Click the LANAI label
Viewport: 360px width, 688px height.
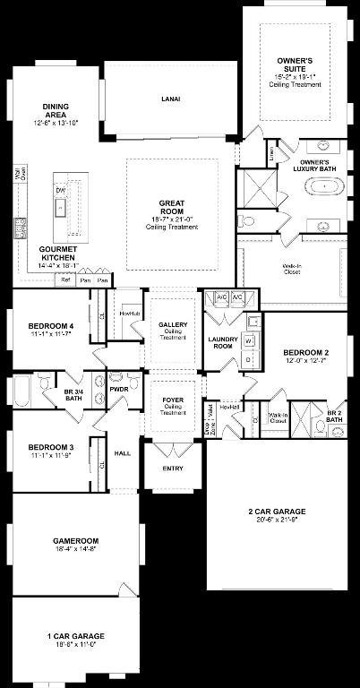[171, 99]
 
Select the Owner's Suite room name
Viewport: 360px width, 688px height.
[294, 62]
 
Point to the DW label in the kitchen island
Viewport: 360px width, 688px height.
[60, 190]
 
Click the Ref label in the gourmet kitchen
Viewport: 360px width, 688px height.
[65, 280]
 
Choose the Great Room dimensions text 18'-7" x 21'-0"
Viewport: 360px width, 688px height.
[172, 219]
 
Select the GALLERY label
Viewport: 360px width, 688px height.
[172, 324]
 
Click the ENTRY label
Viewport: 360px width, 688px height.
[172, 469]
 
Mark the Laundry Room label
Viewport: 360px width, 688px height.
[221, 343]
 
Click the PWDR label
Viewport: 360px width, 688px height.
[118, 390]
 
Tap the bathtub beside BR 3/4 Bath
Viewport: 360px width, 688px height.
[22, 392]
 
